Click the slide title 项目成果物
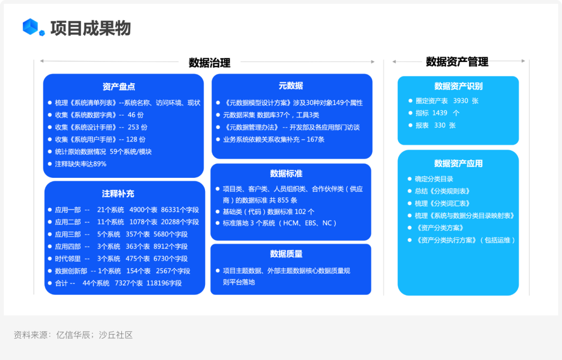(x=91, y=28)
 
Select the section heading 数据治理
(x=209, y=62)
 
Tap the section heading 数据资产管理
(x=457, y=61)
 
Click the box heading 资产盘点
(x=119, y=86)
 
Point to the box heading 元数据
(x=291, y=86)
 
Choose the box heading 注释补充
(x=118, y=194)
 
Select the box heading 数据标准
(x=286, y=174)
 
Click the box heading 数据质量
(x=286, y=254)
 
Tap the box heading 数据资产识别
(x=458, y=86)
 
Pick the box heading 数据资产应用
(x=458, y=163)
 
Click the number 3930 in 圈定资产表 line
(x=461, y=101)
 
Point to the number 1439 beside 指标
(x=440, y=113)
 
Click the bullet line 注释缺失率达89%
(x=81, y=164)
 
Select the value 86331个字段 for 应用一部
(x=180, y=210)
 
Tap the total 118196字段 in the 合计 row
(x=164, y=283)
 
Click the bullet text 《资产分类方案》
(x=439, y=228)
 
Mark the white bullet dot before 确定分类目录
(x=410, y=179)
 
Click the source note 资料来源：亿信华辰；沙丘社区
(x=73, y=335)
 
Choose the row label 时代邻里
(x=68, y=259)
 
